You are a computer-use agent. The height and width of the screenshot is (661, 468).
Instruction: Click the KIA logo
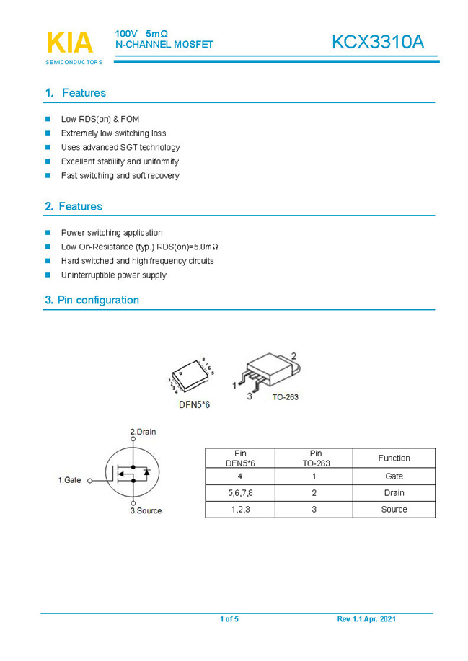coord(70,43)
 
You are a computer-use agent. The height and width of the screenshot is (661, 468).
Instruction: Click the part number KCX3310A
coord(378,43)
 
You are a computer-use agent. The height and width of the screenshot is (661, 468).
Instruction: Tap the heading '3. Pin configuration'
coord(92,300)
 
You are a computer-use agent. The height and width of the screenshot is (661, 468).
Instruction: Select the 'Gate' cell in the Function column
coord(394,476)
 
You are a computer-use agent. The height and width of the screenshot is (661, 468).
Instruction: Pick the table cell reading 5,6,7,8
coord(240,493)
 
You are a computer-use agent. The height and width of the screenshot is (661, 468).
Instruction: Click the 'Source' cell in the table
coord(394,510)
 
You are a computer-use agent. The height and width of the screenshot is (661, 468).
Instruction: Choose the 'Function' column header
coord(394,458)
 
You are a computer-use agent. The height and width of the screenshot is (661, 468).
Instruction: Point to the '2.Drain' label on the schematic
coord(143,432)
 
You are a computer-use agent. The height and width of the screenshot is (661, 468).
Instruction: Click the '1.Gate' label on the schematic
coord(70,479)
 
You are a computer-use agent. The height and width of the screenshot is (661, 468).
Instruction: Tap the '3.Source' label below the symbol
coord(146,511)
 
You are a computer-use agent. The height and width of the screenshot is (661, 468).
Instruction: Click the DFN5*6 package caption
coord(194,404)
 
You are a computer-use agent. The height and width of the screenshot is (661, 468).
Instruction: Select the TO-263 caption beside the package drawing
coord(285,396)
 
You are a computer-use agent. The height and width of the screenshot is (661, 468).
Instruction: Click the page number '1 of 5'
coord(229,619)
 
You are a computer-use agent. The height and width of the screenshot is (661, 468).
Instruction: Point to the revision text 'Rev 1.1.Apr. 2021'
coord(366,619)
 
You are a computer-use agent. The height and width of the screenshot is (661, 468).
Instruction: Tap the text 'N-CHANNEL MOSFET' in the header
coord(164,45)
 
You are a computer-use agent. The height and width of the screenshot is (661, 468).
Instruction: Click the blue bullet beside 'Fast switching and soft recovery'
coord(48,175)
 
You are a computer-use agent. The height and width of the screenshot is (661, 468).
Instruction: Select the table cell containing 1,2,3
coord(240,510)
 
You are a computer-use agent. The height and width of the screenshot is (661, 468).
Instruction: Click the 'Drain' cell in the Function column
coord(394,493)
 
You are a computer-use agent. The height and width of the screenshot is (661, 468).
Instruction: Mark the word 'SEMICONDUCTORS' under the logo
coord(74,62)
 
